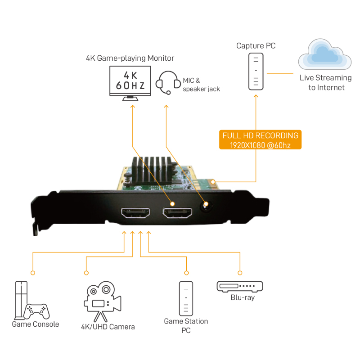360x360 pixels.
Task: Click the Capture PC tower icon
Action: [256, 72]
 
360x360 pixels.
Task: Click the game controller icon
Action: [36, 310]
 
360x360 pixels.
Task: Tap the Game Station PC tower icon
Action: [185, 298]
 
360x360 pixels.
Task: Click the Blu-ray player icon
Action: [239, 287]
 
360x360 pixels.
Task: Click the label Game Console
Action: [36, 324]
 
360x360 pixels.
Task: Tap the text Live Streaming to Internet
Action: [326, 83]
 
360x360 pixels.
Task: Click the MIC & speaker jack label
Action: [201, 85]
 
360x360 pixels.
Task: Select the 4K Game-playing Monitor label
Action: [130, 58]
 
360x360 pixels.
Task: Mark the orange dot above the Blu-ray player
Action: [240, 273]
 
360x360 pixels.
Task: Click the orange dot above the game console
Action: [32, 273]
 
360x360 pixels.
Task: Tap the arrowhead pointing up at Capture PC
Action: [256, 95]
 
